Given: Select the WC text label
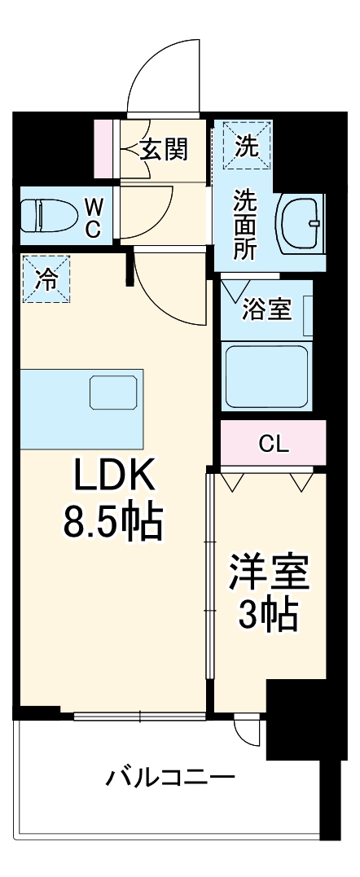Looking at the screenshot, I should pyautogui.click(x=93, y=217).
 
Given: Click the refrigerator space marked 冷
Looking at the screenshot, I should pyautogui.click(x=46, y=280).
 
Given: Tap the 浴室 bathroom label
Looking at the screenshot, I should pyautogui.click(x=266, y=309).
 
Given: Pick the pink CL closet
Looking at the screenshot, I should pyautogui.click(x=273, y=444).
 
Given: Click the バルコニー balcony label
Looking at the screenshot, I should pyautogui.click(x=170, y=778).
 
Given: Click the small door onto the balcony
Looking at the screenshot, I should pyautogui.click(x=245, y=728).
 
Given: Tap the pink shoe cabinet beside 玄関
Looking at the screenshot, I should pyautogui.click(x=105, y=148).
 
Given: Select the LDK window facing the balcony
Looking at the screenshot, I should pyautogui.click(x=139, y=717).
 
